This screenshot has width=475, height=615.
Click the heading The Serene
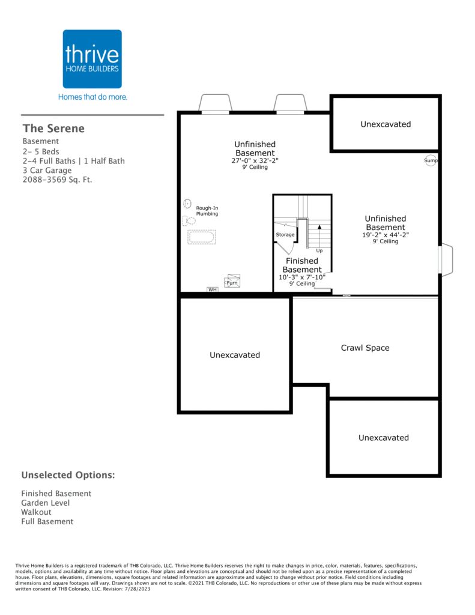coord(53,129)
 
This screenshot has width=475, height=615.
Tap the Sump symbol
coord(431,160)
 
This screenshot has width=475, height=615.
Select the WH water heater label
coord(212,289)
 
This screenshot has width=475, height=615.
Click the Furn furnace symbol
coord(232,282)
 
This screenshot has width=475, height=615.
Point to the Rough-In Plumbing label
coord(207,211)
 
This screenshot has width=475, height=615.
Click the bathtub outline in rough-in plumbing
coord(202,237)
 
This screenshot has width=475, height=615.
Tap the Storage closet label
coord(285,235)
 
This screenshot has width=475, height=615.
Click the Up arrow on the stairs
coord(319,237)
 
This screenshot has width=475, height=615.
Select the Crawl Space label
coord(365,348)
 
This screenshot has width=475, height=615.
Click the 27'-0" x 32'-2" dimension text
coord(255,160)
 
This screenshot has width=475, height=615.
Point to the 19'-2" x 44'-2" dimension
coord(386,235)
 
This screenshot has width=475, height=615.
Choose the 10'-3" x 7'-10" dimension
coord(302,277)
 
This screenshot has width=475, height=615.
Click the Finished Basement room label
coord(302,265)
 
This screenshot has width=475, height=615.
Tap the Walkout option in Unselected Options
coord(36,512)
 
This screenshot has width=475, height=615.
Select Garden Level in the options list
coord(46,503)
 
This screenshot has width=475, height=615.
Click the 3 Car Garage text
coord(47,170)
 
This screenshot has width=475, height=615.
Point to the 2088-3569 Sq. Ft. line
coord(57,180)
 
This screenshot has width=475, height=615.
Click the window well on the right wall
coord(446,259)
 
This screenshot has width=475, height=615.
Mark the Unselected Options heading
coord(68,475)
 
